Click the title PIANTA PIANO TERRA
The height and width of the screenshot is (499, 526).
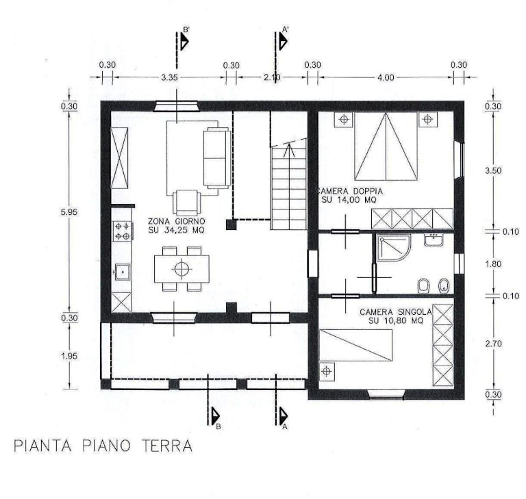click(103, 446)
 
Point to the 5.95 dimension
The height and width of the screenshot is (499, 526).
click(69, 212)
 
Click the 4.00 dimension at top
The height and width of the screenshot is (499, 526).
click(386, 78)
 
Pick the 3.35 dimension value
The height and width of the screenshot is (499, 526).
click(169, 77)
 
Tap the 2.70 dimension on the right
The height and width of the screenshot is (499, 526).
click(493, 344)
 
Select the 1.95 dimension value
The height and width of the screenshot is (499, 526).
click(69, 356)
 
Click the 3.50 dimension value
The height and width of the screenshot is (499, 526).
click(493, 170)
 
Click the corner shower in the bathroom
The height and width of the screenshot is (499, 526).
click(393, 248)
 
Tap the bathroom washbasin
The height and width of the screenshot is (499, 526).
click(434, 240)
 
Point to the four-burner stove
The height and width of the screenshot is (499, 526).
click(122, 231)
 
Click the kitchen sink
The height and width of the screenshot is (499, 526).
click(123, 272)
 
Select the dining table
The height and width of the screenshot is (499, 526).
click(181, 269)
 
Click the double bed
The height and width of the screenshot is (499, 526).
click(386, 146)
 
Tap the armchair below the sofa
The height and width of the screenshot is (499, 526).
click(186, 203)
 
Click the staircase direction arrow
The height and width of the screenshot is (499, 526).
click(288, 150)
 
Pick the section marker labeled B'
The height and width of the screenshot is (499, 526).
click(183, 39)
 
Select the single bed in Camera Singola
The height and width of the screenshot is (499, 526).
click(355, 345)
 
